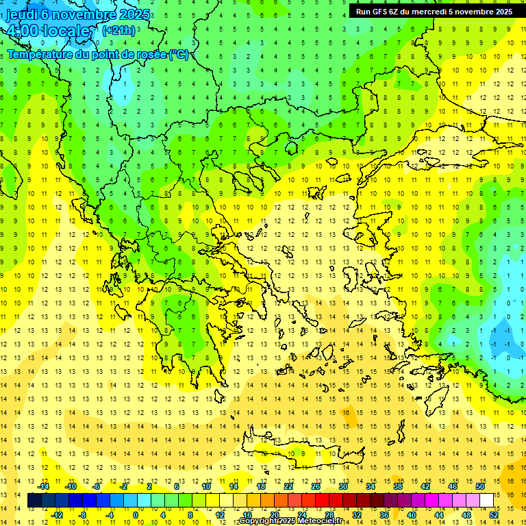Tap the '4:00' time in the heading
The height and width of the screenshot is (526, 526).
[x=22, y=31]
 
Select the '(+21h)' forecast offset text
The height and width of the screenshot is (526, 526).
[x=118, y=30]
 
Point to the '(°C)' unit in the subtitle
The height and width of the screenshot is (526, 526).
[x=178, y=54]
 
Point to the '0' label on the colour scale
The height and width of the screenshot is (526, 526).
[x=136, y=515]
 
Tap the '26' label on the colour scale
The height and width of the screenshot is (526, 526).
[x=315, y=486]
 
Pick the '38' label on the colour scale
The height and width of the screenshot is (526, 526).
[x=397, y=486]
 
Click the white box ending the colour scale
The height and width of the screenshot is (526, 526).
[x=487, y=501]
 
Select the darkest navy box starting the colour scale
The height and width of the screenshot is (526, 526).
[x=34, y=501]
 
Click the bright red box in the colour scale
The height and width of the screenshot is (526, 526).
[x=322, y=501]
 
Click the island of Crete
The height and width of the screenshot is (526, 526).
[x=301, y=453]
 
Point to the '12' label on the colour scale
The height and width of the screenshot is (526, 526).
[x=219, y=515]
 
